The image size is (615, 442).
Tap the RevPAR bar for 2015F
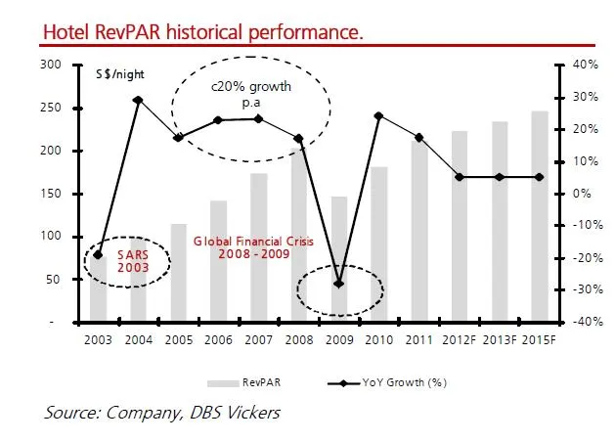tap(539, 216)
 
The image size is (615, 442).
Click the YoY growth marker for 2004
tap(138, 100)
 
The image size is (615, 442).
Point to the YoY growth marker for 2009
tap(338, 284)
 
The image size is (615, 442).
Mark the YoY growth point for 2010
tap(378, 115)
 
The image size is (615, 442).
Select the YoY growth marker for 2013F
tap(499, 177)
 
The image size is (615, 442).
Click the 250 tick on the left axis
tap(50, 108)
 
